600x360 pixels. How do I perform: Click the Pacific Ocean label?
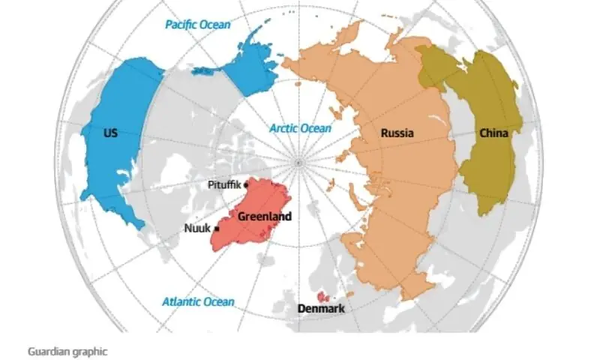(197, 25)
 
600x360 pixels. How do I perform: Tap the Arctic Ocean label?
(300, 128)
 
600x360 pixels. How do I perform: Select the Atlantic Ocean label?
(198, 302)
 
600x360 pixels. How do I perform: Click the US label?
(110, 133)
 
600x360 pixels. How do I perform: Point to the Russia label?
(397, 133)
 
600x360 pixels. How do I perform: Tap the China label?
(493, 133)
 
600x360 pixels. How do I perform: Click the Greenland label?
(264, 216)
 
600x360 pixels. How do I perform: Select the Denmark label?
(321, 308)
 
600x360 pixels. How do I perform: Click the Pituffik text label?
(224, 184)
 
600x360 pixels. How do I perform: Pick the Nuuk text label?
(197, 229)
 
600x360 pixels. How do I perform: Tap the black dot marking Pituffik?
(247, 184)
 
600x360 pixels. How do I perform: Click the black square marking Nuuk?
(217, 229)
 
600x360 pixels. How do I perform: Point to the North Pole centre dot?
(298, 162)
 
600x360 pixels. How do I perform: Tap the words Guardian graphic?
(67, 350)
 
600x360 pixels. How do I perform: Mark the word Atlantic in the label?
(181, 302)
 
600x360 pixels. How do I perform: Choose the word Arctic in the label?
(284, 128)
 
